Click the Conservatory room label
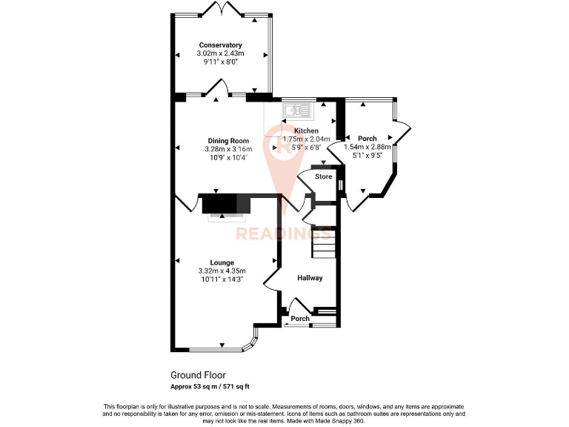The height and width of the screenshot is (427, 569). pos(220,45)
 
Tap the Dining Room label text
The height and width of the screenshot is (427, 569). pos(227,141)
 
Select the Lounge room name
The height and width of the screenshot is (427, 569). pos(222,262)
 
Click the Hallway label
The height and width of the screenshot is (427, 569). pos(310,278)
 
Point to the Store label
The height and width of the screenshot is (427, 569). pos(323,177)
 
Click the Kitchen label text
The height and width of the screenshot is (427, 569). pos(306,130)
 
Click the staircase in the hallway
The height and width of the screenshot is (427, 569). pos(323,242)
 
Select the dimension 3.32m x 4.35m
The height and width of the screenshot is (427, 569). pos(222,271)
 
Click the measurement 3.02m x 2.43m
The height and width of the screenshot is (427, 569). pos(220,54)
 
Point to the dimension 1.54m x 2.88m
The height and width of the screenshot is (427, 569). pos(367,148)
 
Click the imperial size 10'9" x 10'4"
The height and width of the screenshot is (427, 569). pos(227,157)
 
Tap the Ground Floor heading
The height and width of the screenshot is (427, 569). pos(198,375)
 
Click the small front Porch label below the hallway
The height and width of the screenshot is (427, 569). pos(300,319)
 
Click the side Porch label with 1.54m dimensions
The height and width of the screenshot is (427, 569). pos(367,139)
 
